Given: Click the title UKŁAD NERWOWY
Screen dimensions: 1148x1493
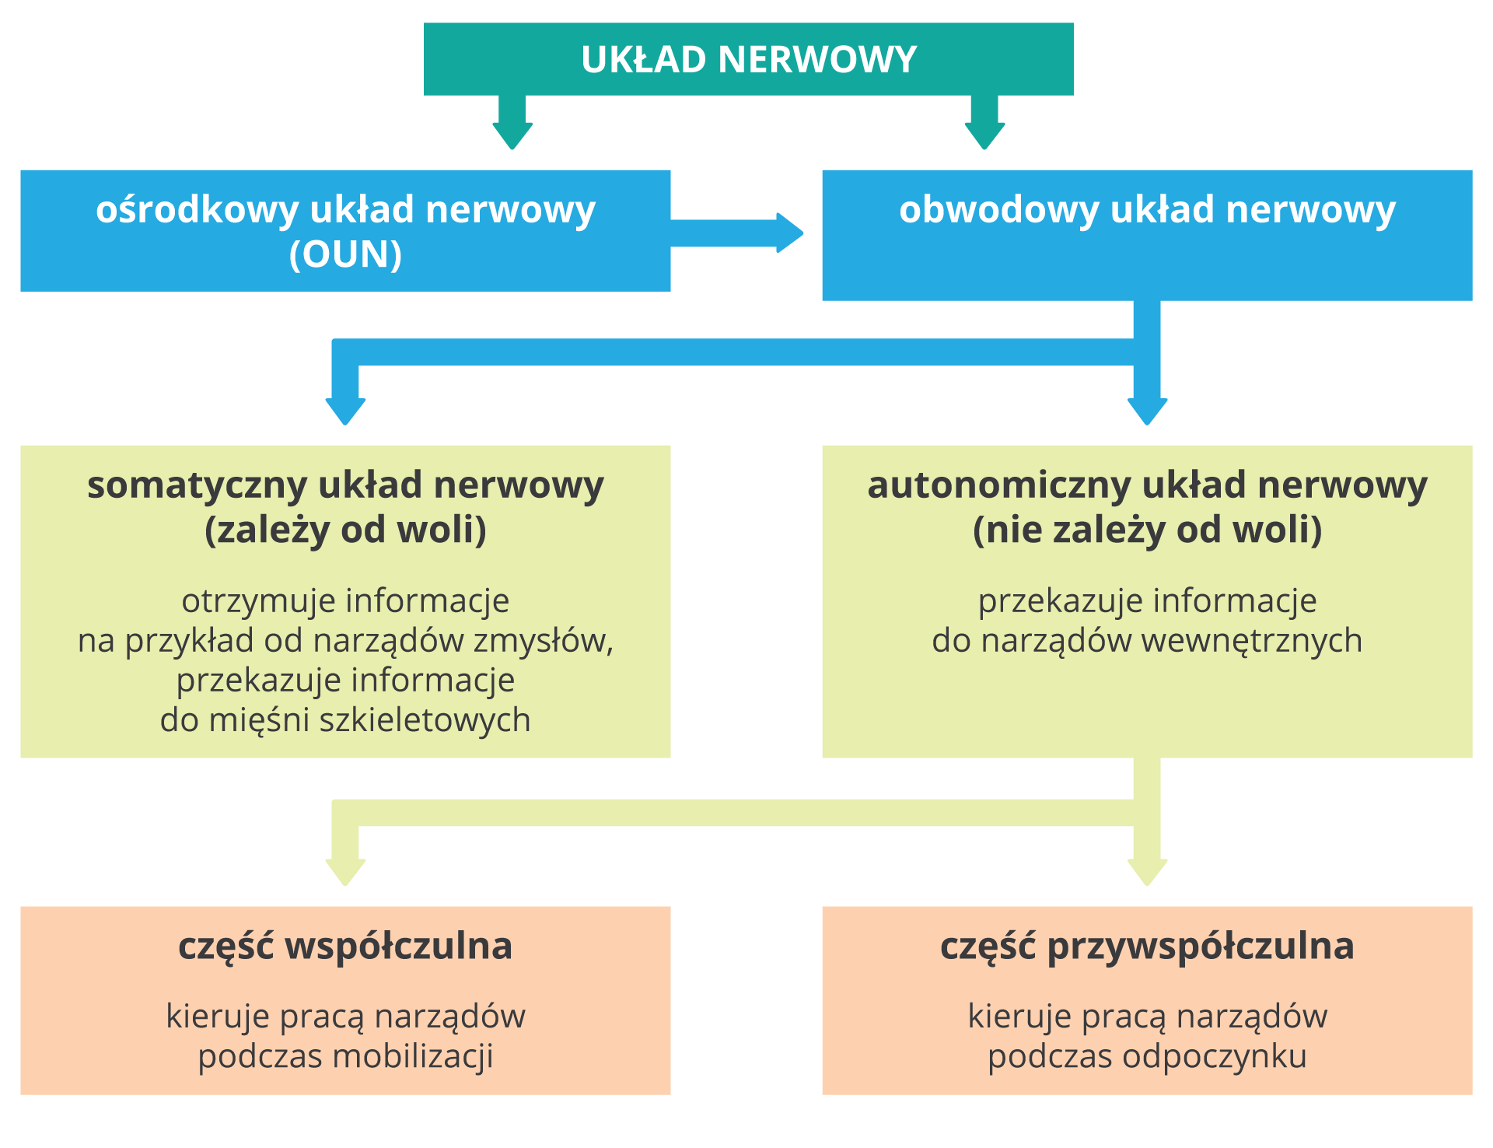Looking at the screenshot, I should click(748, 60).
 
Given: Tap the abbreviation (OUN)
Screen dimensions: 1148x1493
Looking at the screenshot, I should click(345, 254).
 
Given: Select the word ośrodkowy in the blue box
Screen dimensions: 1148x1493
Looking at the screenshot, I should click(197, 210).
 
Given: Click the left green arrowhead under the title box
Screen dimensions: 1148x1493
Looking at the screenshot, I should click(512, 135).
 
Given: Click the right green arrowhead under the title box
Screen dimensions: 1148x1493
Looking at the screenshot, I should click(984, 135).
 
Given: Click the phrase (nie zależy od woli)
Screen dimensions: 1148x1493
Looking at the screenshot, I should click(1147, 530).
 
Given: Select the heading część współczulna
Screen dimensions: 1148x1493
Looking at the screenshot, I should click(345, 947).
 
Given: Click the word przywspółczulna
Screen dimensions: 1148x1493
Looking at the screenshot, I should click(1201, 947).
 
